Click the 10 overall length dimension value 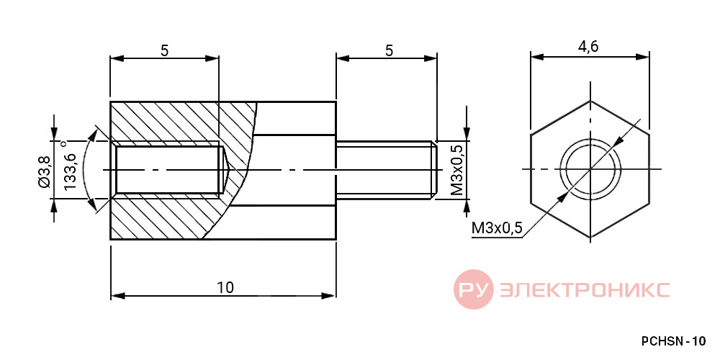tap(225, 287)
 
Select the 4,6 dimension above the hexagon tap(589, 47)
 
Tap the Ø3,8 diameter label tap(44, 170)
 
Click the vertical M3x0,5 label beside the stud tap(457, 169)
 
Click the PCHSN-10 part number tap(673, 341)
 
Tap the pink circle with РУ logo tap(474, 289)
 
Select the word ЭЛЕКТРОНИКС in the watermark tap(585, 289)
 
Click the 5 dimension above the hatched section tap(164, 50)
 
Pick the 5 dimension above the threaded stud tap(389, 50)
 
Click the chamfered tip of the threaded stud tap(433, 170)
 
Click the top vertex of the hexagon tap(590, 101)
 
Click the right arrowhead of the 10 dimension tap(329, 296)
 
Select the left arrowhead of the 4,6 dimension tap(538, 56)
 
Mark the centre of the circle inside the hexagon tap(590, 169)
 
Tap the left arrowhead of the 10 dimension tap(118, 296)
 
